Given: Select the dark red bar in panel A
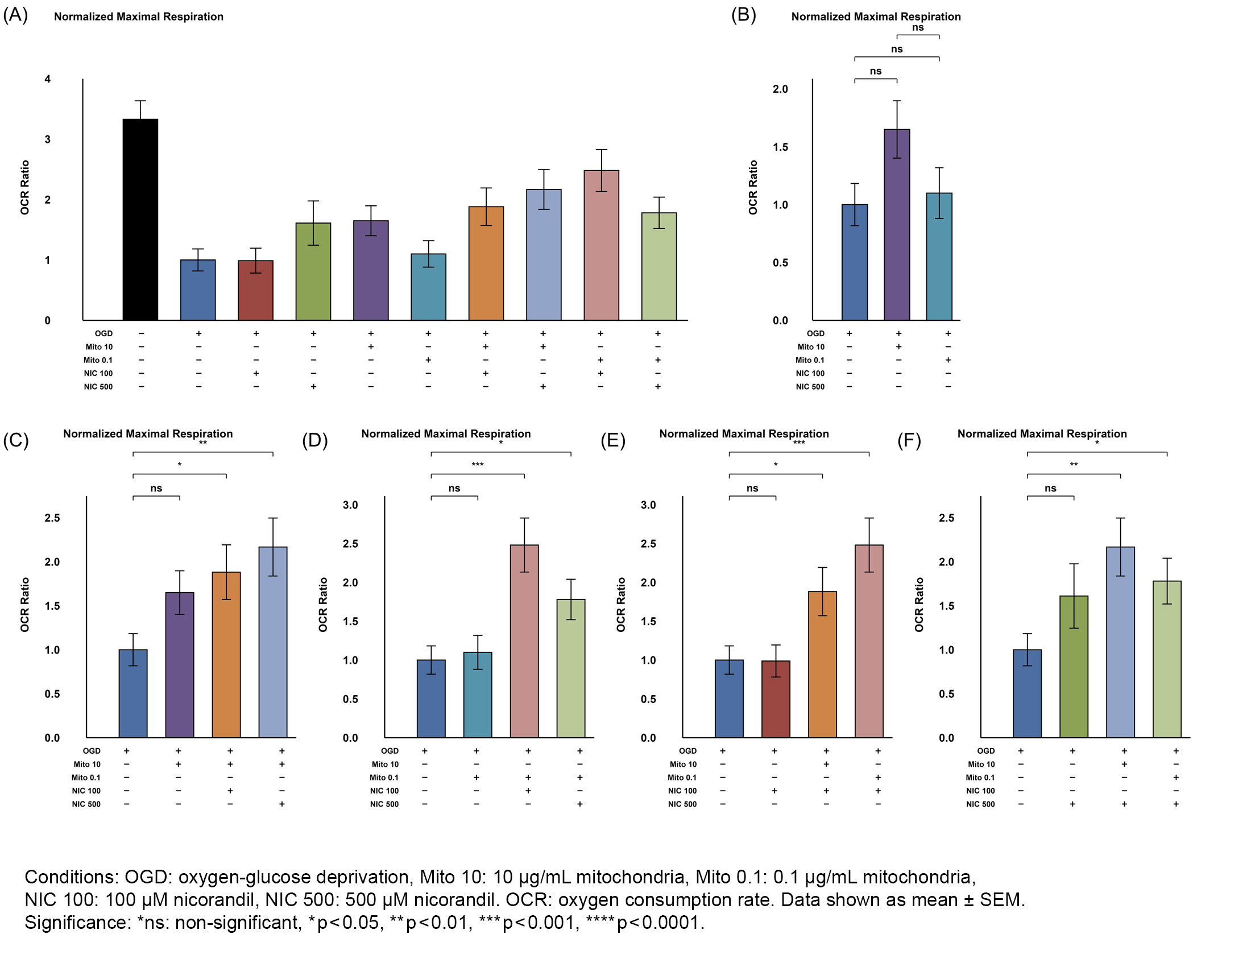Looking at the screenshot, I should click(255, 291).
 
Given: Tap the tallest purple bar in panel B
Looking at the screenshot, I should click(896, 225).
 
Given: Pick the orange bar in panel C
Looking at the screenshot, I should click(226, 654).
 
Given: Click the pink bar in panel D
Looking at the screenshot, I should click(524, 641).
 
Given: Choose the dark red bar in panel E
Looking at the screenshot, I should click(776, 699).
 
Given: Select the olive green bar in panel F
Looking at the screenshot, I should click(1074, 667).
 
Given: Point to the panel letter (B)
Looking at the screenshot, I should click(744, 15).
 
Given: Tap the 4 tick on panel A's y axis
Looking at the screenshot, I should click(48, 79).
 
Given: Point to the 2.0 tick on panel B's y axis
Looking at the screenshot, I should click(780, 89).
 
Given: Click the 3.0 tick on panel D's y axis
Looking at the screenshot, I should click(350, 505).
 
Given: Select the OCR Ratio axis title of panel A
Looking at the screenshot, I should click(24, 187).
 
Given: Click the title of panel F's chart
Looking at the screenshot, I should click(1042, 433).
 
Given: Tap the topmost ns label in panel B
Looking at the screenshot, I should click(918, 27).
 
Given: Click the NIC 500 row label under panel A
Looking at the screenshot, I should click(98, 387).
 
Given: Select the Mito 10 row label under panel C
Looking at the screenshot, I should click(86, 764).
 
